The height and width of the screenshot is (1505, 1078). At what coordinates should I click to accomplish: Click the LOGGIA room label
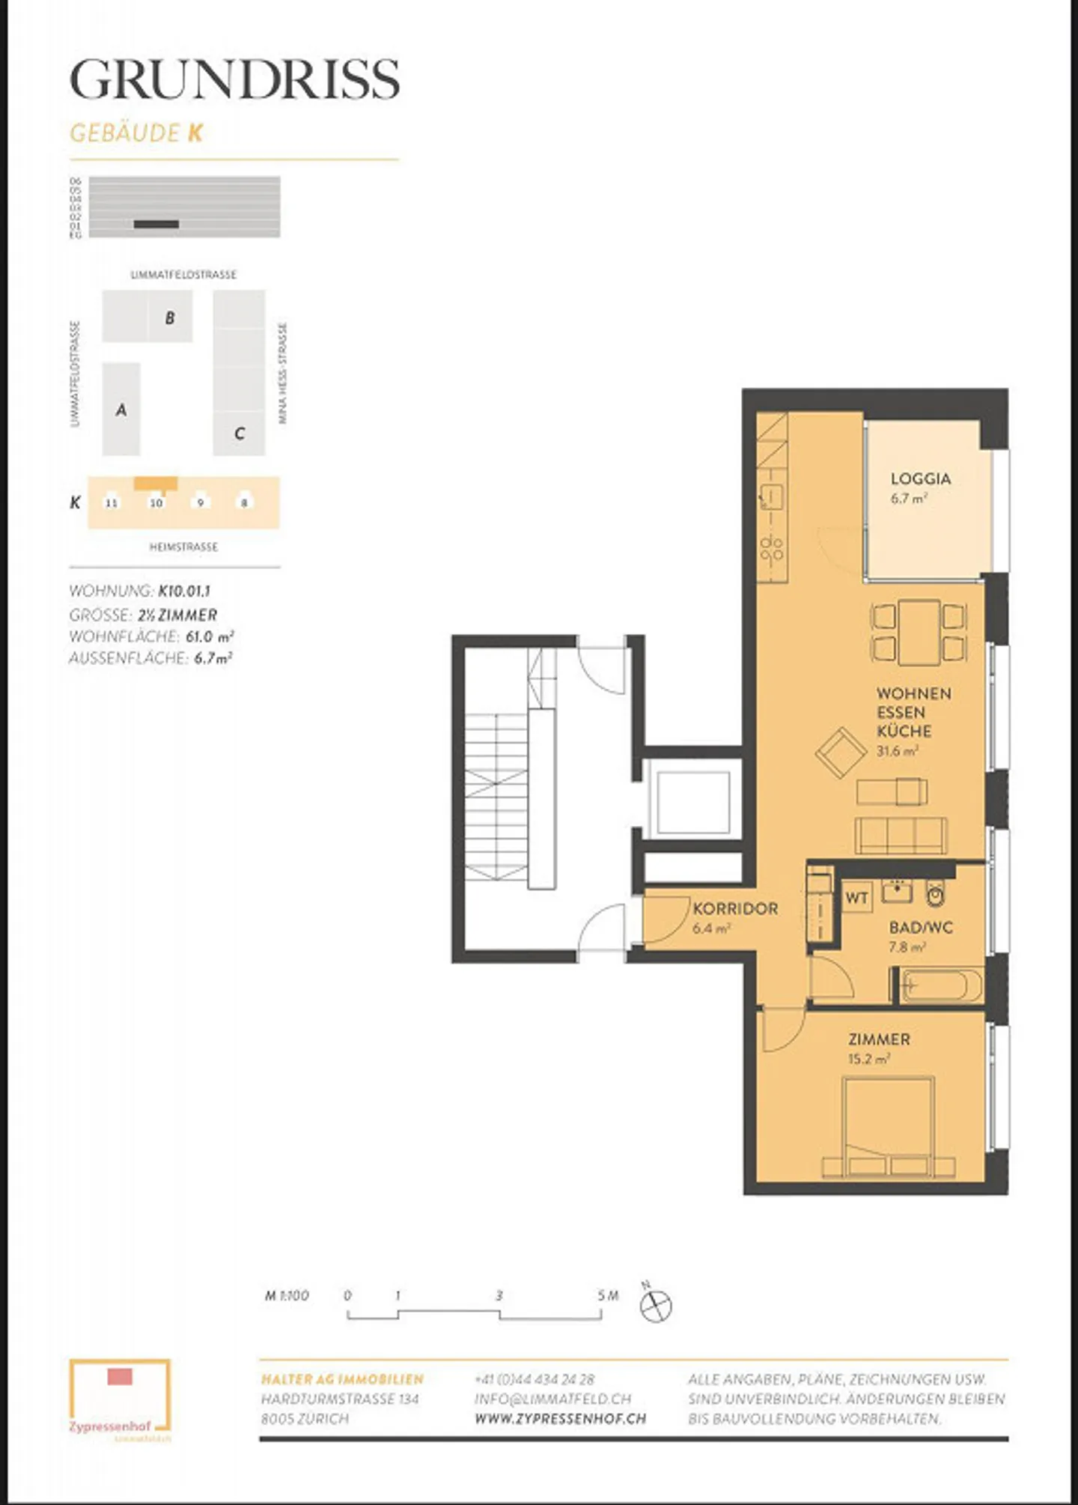pyautogui.click(x=920, y=478)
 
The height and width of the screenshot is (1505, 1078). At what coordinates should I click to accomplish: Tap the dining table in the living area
pyautogui.click(x=919, y=633)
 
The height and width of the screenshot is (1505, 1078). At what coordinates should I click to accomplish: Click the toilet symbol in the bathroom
pyautogui.click(x=935, y=893)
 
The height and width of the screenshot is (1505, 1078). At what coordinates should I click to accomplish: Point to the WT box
pyautogui.click(x=856, y=897)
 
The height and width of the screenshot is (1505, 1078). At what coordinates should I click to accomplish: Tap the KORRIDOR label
pyautogui.click(x=735, y=908)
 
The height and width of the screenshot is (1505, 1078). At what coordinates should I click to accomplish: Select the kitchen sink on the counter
pyautogui.click(x=771, y=496)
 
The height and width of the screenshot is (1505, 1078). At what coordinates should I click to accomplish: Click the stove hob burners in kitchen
pyautogui.click(x=771, y=548)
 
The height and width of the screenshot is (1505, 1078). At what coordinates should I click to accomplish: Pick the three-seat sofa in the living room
pyautogui.click(x=901, y=835)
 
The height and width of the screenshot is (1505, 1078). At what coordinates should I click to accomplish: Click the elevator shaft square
pyautogui.click(x=693, y=802)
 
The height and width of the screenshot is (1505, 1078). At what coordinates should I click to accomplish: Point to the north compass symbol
pyautogui.click(x=656, y=1306)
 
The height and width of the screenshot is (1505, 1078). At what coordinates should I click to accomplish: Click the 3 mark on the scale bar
pyautogui.click(x=499, y=1296)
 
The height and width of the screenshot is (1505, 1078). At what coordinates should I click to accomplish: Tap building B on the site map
pyautogui.click(x=170, y=317)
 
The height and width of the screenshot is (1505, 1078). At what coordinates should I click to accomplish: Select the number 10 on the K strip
pyautogui.click(x=156, y=502)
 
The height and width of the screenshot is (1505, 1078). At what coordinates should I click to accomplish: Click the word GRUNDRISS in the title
pyautogui.click(x=234, y=79)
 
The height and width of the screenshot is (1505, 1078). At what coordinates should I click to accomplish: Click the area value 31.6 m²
pyautogui.click(x=897, y=750)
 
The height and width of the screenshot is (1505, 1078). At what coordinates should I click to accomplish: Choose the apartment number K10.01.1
pyautogui.click(x=184, y=591)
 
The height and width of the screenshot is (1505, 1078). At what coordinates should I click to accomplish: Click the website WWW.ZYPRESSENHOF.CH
pyautogui.click(x=560, y=1418)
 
